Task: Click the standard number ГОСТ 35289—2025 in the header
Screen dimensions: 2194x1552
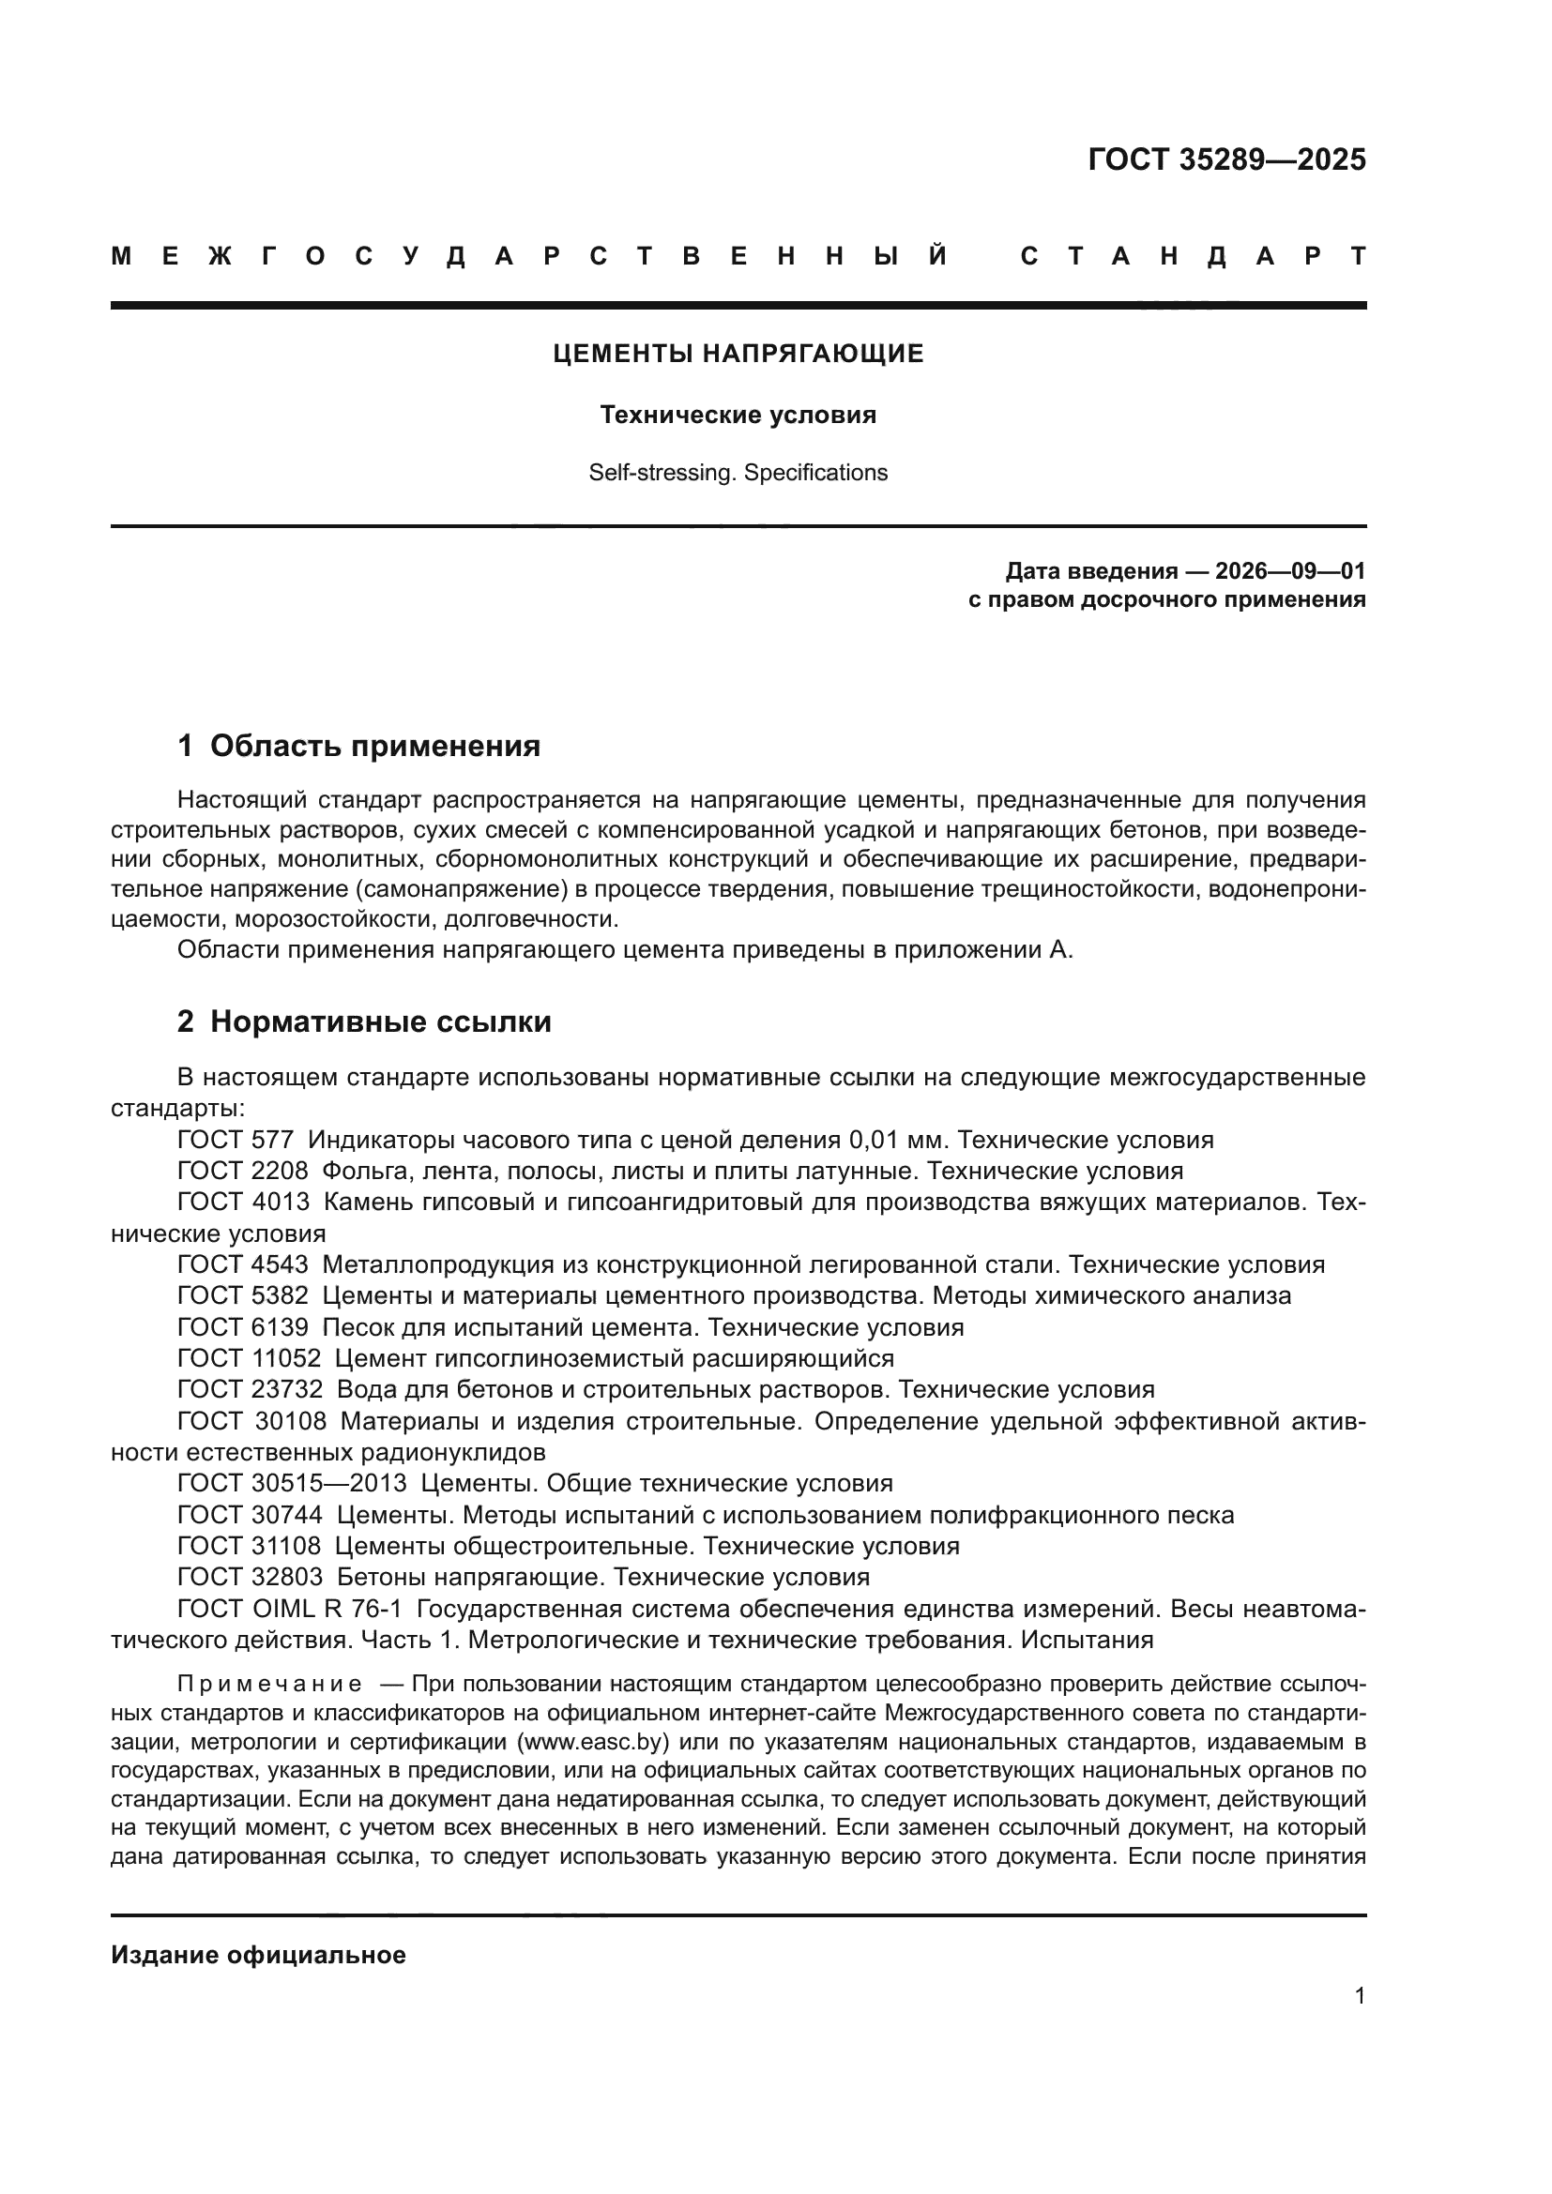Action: tap(1226, 159)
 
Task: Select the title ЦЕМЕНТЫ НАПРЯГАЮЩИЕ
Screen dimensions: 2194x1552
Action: tap(738, 355)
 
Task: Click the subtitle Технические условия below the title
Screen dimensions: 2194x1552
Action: tap(738, 416)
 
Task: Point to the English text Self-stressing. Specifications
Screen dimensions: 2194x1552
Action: tap(738, 473)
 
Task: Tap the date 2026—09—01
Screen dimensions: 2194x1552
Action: tap(1289, 571)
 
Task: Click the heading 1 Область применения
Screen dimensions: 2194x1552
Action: tap(359, 747)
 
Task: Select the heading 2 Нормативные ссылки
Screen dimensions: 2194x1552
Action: tap(364, 1022)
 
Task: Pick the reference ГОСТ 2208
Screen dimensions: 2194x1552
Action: tap(243, 1172)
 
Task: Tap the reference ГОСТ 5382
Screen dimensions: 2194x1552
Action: tap(243, 1296)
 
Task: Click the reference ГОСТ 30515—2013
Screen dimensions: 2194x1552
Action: tap(293, 1484)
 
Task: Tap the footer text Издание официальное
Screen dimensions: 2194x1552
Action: tap(258, 1955)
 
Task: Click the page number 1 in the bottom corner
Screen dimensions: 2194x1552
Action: tap(1359, 1996)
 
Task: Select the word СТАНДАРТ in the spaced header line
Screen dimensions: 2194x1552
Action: tap(1193, 257)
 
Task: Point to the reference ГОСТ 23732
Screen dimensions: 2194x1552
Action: tap(251, 1390)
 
